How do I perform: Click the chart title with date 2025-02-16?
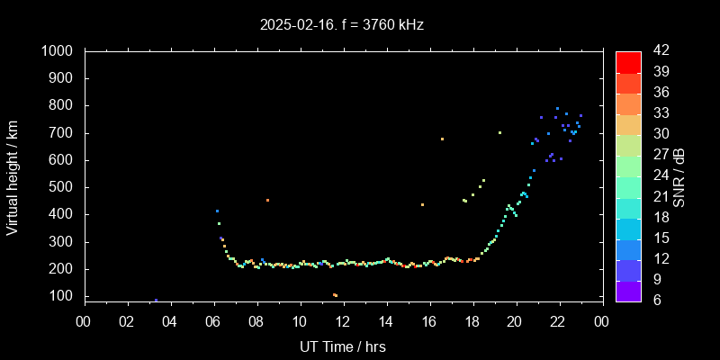(341, 25)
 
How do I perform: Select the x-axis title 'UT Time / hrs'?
(343, 346)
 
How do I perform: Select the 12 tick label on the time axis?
(343, 320)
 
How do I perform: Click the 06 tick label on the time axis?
(213, 320)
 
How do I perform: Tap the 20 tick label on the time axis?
(516, 320)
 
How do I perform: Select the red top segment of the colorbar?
(628, 61)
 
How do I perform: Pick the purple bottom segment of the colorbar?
(628, 289)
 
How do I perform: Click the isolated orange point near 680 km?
(442, 139)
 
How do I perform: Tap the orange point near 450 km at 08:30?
(267, 200)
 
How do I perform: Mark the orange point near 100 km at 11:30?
(335, 295)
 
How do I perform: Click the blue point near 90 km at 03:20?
(156, 300)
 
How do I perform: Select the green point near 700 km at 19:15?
(499, 132)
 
